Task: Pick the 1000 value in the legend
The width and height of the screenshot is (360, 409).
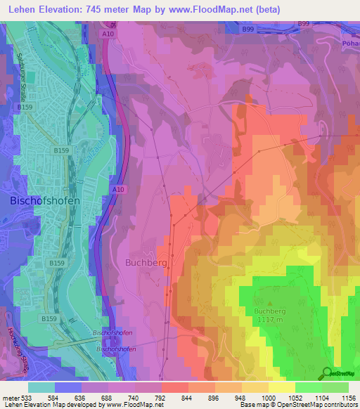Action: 268,397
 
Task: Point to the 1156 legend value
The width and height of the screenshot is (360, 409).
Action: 347,397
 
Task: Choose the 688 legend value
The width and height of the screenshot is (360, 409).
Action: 108,397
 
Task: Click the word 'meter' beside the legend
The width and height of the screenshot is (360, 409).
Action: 8,397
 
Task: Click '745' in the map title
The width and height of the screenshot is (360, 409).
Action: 98,9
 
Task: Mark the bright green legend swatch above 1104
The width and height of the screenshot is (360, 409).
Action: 308,387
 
